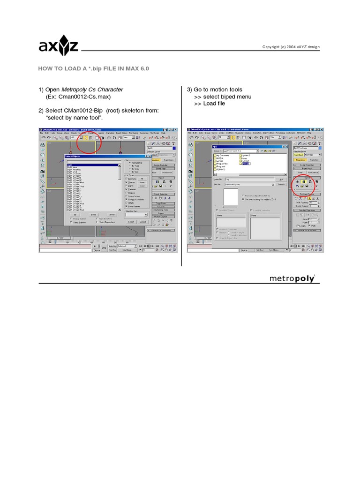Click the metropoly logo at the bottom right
292,278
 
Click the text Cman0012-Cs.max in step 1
78,97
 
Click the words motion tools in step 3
226,90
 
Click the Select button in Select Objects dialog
131,222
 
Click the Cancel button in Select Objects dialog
143,222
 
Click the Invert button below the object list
112,214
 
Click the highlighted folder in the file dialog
246,164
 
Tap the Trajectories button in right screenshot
313,160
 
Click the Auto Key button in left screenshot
112,246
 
